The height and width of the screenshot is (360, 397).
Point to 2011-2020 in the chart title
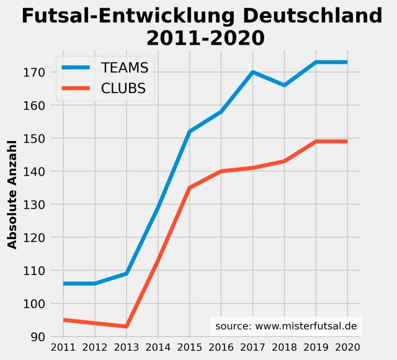[x=205, y=38]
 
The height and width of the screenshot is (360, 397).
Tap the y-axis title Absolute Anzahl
[x=12, y=194]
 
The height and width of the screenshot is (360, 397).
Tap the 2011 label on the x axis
[x=63, y=347]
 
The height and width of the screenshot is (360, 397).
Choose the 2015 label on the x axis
[x=189, y=347]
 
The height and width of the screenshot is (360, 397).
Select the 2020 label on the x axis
[x=347, y=347]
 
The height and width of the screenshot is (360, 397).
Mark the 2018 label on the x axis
[x=284, y=347]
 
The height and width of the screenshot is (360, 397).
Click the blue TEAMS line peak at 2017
[x=252, y=72]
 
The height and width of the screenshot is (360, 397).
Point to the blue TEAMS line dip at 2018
[x=284, y=85]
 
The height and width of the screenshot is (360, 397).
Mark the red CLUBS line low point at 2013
[x=126, y=326]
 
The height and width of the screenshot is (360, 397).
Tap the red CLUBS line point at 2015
[x=189, y=187]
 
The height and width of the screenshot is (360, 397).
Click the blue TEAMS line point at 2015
[x=189, y=132]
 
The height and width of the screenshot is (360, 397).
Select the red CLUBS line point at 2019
[x=316, y=142]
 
